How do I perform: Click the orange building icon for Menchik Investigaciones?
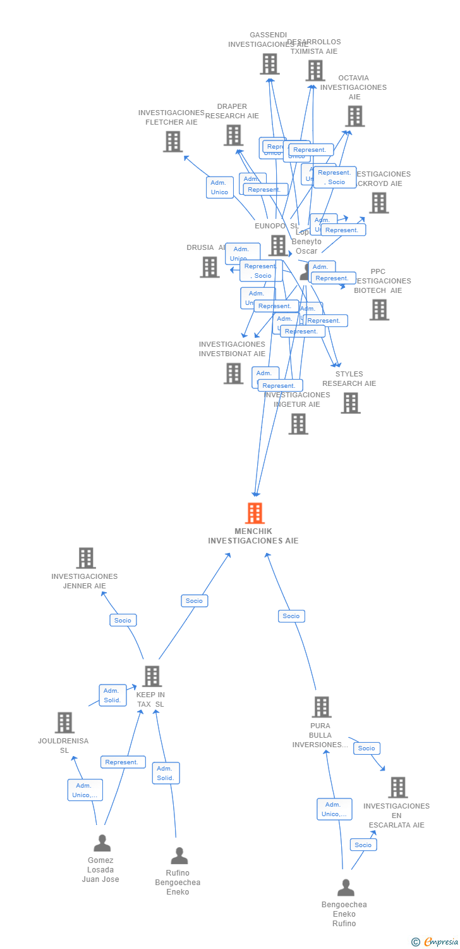click(255, 513)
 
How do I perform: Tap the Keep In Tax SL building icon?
click(152, 676)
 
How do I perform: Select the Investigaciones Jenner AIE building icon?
click(86, 558)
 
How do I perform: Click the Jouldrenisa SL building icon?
click(64, 723)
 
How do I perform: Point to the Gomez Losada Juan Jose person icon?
click(102, 843)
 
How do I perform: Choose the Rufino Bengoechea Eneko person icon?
click(179, 856)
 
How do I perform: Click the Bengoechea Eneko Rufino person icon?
click(346, 888)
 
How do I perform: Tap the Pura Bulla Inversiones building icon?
click(322, 707)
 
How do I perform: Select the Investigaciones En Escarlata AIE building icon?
click(397, 788)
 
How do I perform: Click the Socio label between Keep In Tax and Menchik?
click(195, 600)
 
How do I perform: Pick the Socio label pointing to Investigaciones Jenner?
click(123, 620)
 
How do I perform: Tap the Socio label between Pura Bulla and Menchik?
click(291, 616)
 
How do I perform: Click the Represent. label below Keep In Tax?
click(123, 762)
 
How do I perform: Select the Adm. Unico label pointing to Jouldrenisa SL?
click(85, 790)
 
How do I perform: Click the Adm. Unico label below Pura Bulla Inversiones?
click(334, 809)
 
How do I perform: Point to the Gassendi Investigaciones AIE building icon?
click(270, 64)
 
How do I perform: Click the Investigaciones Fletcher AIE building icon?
click(172, 141)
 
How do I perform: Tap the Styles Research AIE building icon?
click(351, 403)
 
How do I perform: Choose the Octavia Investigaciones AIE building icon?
click(355, 116)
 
